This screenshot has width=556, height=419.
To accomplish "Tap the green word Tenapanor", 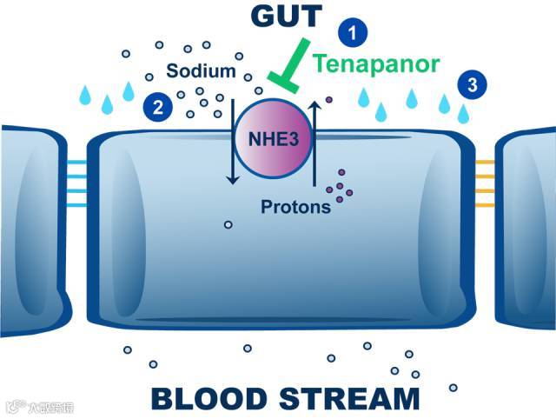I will pos(376,63).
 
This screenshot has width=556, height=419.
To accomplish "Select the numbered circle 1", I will pos(352,33).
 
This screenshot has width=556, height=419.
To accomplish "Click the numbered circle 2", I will pos(157,107).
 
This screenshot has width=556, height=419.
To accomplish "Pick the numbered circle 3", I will pos(472,84).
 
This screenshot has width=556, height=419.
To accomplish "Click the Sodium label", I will pos(201,71).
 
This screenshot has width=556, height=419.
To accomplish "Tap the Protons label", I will pos(295,207).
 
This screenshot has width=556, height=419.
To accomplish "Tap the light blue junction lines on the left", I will pos(76,183).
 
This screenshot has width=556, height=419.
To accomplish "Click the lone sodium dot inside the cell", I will pos(228,225).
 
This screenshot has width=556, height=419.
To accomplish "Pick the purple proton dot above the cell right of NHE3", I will pos(328,112).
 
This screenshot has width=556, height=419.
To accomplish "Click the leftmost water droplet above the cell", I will pos(86,93).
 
